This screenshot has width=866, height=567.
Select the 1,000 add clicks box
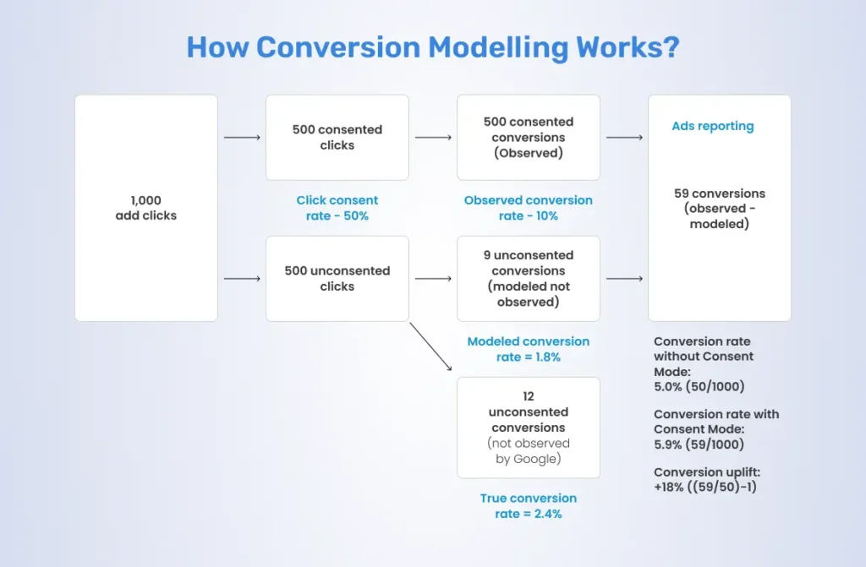[x=146, y=208]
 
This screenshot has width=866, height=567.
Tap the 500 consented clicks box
[x=337, y=137]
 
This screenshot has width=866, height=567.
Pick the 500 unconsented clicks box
[x=337, y=279]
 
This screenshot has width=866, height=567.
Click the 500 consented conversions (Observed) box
[x=529, y=137]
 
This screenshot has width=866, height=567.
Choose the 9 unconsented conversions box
[x=529, y=279]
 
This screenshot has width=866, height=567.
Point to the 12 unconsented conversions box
[x=529, y=428]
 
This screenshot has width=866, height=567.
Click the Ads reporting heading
[x=712, y=126]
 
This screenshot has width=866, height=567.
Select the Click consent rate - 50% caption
[x=337, y=208]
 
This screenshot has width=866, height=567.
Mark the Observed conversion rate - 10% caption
[x=529, y=208]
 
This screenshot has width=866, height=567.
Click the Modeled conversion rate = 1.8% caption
[x=529, y=349]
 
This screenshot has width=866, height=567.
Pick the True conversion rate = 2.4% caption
[x=529, y=505]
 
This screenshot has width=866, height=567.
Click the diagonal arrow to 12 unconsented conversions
[x=430, y=346]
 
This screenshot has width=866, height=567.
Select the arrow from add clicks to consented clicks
[x=242, y=137]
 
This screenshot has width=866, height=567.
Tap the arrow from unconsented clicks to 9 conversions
[x=433, y=278]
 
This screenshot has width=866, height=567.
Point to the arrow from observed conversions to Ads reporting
[x=624, y=137]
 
